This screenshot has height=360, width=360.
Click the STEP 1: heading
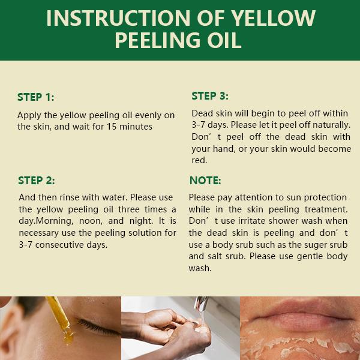[36, 97]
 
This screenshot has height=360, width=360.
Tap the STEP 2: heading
[37, 181]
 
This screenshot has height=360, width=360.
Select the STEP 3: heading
[210, 96]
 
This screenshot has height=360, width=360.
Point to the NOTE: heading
[205, 181]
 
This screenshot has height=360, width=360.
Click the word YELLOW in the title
[273, 18]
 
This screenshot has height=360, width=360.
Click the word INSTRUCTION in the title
[118, 18]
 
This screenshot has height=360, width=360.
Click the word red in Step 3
[199, 160]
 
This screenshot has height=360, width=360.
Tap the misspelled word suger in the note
[316, 245]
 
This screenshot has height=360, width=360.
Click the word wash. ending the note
[200, 268]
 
